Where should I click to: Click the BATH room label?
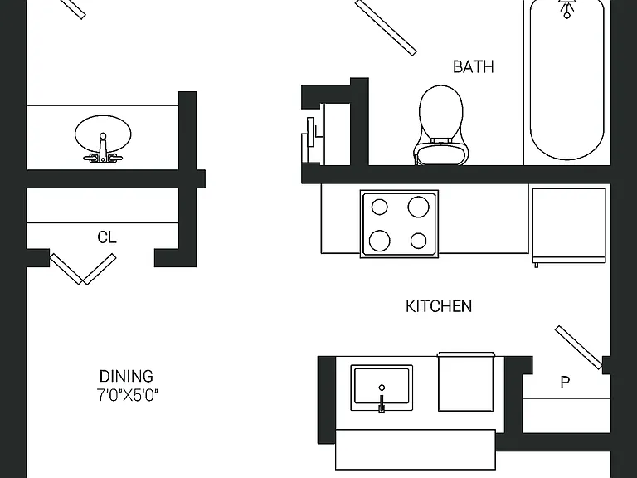(474, 66)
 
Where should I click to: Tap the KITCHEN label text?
(439, 306)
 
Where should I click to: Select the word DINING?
(126, 376)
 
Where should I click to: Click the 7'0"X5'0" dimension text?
(127, 395)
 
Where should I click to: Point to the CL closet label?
(107, 237)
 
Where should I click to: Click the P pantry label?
(565, 382)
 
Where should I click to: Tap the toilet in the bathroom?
(440, 124)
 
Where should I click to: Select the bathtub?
(567, 81)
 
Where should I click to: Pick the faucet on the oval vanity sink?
(103, 149)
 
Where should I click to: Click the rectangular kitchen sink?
(382, 388)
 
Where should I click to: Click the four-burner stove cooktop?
(399, 224)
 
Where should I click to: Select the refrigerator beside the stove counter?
(569, 226)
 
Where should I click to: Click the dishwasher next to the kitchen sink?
(466, 382)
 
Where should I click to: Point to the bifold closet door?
(83, 269)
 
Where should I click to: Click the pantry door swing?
(579, 348)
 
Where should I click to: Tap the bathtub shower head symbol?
(566, 8)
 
